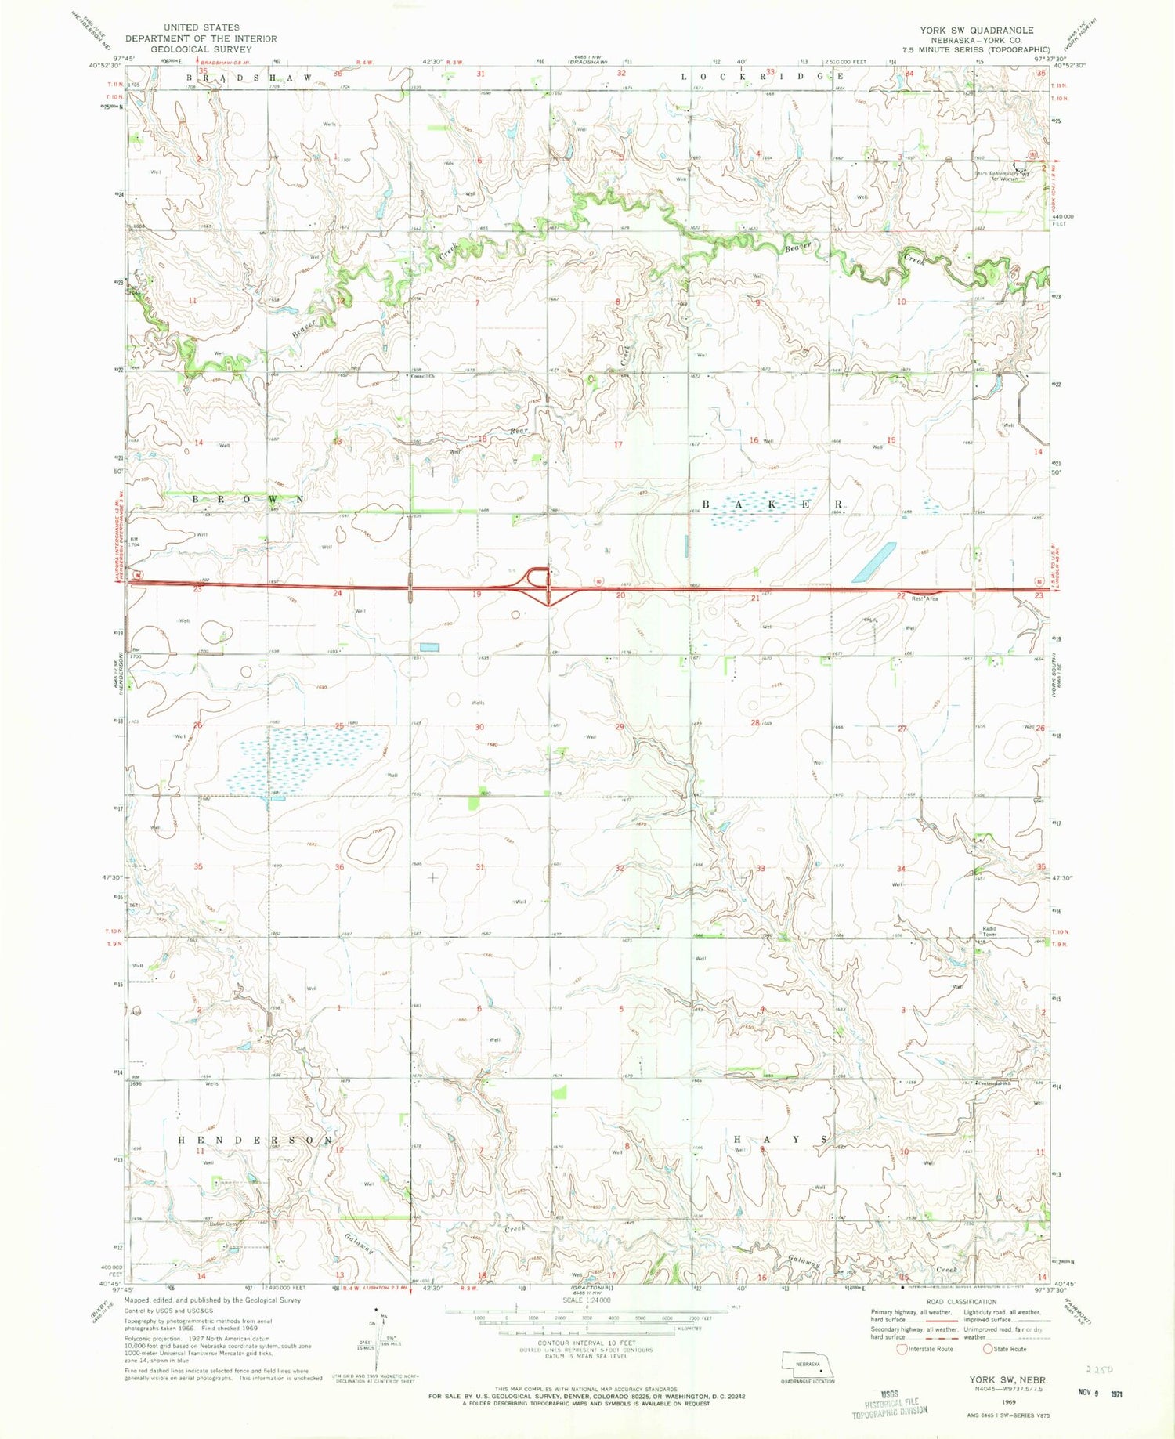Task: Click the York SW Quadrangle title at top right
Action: (x=977, y=30)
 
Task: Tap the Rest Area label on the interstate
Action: (x=924, y=598)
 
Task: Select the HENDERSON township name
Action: (x=255, y=1139)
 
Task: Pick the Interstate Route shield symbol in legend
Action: (x=902, y=1349)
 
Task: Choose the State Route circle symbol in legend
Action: (x=998, y=1349)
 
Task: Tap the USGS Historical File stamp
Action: (x=889, y=1403)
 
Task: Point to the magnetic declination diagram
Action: (x=382, y=1336)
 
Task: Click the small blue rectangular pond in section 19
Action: (x=429, y=647)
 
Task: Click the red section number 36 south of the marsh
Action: (x=339, y=867)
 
